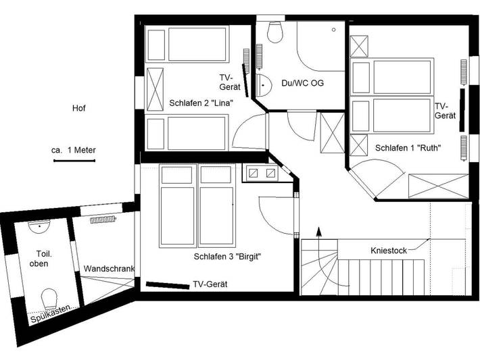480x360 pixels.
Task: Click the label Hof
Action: pyautogui.click(x=79, y=108)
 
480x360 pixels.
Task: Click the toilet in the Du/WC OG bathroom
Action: pyautogui.click(x=274, y=32)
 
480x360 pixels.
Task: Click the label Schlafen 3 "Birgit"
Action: pyautogui.click(x=227, y=256)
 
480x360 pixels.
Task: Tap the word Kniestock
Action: pyautogui.click(x=389, y=250)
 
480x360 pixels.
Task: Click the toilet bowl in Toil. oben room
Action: pyautogui.click(x=49, y=297)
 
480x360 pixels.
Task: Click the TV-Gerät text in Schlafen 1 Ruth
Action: pyautogui.click(x=442, y=111)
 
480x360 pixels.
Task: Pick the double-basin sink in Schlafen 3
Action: pyautogui.click(x=262, y=174)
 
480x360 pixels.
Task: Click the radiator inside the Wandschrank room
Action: pyautogui.click(x=104, y=220)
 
